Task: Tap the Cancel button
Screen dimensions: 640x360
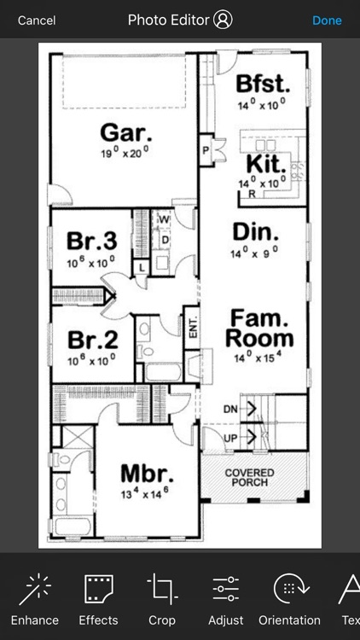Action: click(37, 20)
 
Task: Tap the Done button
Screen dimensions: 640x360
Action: click(327, 20)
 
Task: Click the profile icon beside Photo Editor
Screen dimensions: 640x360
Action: click(224, 20)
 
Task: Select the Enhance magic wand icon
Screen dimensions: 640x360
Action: click(35, 590)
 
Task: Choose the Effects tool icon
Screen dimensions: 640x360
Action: click(98, 590)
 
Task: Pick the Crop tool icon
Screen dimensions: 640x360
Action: click(161, 590)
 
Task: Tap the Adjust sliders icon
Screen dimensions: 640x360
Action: click(225, 590)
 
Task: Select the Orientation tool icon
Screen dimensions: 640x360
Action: click(289, 590)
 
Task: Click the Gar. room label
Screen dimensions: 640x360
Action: click(126, 132)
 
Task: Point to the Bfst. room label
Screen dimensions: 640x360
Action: click(264, 84)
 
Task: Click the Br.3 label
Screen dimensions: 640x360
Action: click(91, 241)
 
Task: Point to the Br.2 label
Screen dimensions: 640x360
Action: click(91, 339)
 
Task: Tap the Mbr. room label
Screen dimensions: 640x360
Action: click(147, 474)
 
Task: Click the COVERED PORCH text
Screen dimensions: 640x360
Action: click(249, 477)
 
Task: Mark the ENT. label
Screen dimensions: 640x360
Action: click(193, 329)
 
